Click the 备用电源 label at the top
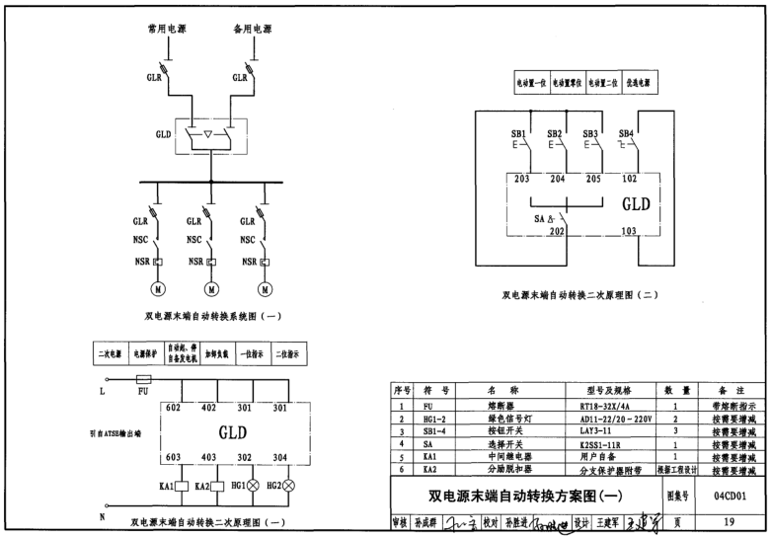(x=253, y=30)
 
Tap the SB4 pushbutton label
(x=626, y=133)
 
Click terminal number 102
(x=628, y=179)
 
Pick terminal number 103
(x=628, y=231)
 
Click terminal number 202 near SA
(x=556, y=231)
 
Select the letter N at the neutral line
(x=102, y=516)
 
